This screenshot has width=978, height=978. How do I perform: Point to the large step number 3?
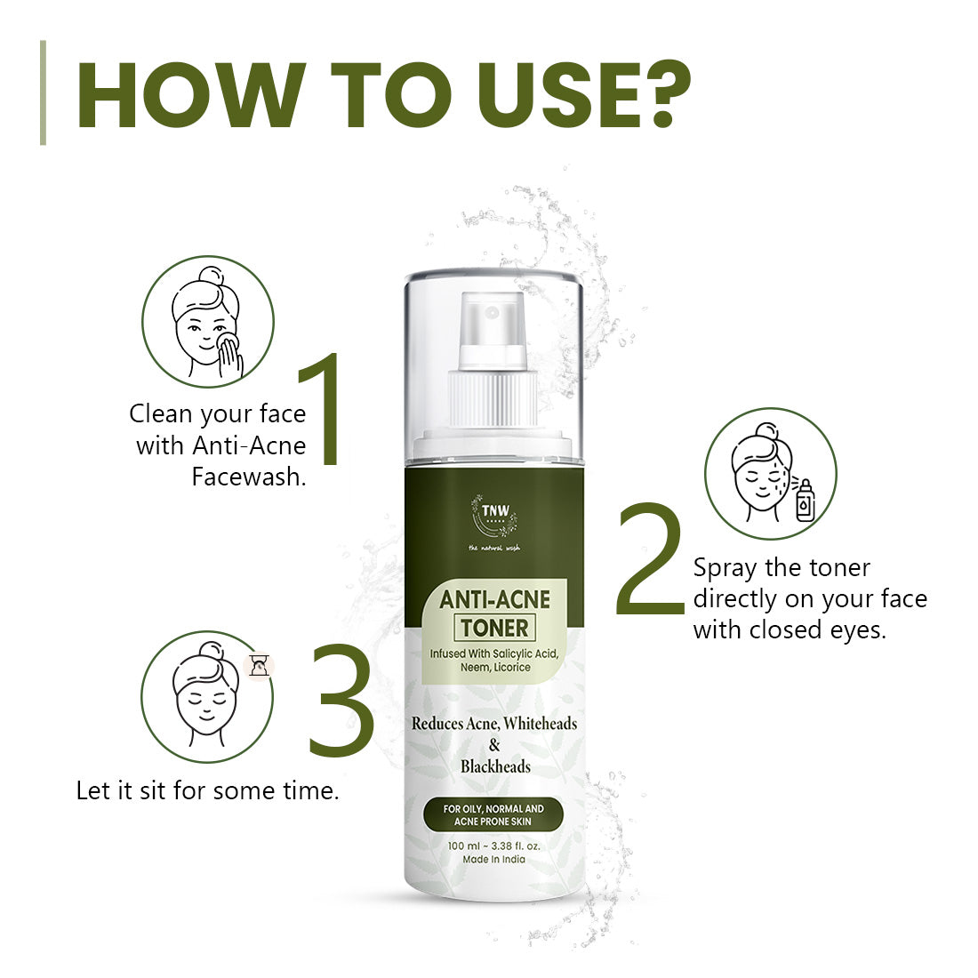(x=341, y=700)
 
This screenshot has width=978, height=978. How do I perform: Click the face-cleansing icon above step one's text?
(x=208, y=321)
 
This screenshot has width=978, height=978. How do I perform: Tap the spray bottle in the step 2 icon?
(x=806, y=501)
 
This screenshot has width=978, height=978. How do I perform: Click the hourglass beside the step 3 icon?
(x=260, y=665)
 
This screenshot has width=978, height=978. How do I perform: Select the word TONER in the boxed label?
(x=494, y=628)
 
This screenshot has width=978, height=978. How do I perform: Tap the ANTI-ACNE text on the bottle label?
(x=494, y=599)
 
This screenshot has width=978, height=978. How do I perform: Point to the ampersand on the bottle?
(x=494, y=745)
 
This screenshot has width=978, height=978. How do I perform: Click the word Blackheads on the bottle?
(x=495, y=766)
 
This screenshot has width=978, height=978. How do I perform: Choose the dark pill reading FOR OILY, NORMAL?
(x=493, y=814)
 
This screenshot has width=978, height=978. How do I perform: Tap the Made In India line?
(x=494, y=860)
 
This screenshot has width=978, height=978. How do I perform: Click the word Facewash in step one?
(x=249, y=477)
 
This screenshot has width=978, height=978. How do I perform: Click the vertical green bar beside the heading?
(x=43, y=93)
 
